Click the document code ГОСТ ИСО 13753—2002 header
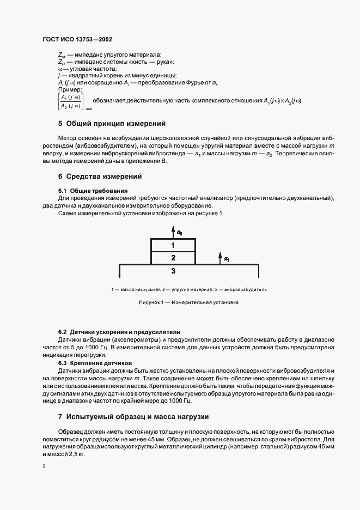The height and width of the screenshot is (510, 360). pos(77,40)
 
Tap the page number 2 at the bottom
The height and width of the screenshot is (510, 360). pos(44,466)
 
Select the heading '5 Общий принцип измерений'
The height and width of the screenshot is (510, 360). pos(111,124)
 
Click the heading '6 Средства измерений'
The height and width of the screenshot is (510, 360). pos(100,176)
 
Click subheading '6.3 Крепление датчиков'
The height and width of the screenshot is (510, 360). pos(95,362)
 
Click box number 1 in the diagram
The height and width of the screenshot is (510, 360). pos(173,245)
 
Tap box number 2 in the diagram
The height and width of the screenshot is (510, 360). pos(173,258)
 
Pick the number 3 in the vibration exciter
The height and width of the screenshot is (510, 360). pos(173,270)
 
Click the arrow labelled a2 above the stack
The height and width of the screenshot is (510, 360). pos(173,232)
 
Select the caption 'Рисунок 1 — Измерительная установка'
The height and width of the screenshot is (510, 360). pos(188,302)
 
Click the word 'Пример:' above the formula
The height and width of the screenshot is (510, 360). pos(69,89)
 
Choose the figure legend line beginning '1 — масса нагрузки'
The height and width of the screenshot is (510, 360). pos(188,289)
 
